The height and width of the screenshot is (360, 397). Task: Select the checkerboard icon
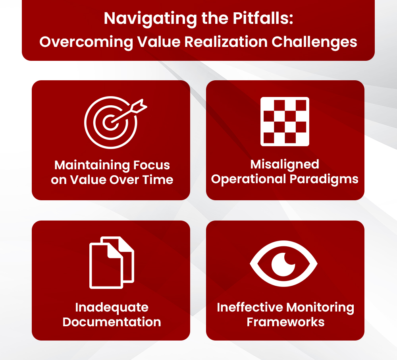pos(285,122)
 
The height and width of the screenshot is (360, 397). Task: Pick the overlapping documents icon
pos(112,262)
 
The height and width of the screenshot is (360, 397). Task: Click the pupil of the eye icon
pos(283,264)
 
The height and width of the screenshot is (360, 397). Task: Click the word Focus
pos(152,165)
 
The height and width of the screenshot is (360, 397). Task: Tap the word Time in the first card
pos(158,180)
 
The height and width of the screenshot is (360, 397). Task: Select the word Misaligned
pos(285,164)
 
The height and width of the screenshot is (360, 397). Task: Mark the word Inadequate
pos(112,307)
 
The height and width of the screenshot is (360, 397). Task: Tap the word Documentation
pos(112,321)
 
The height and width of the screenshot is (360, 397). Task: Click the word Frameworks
pos(285,321)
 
